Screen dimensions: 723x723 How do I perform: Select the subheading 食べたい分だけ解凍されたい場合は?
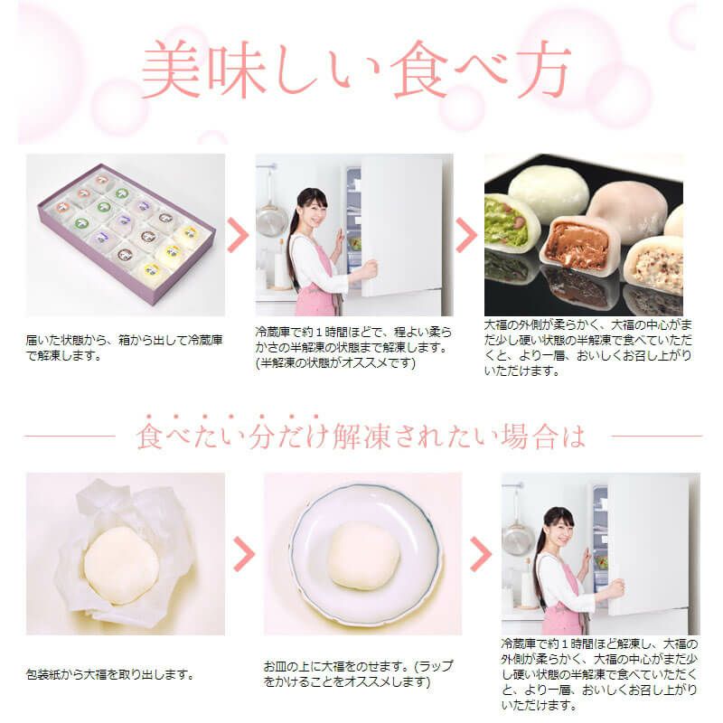pos(361,437)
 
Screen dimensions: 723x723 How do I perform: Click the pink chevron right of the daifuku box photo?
pos(237,235)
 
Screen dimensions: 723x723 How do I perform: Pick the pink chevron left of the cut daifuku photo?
pos(466,235)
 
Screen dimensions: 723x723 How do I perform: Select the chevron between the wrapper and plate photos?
pos(244,554)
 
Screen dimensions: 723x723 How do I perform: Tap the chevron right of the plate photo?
pos(481,554)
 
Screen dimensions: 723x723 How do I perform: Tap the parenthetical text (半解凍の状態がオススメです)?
pos(335,363)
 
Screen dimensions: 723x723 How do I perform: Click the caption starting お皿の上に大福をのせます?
pos(357,674)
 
